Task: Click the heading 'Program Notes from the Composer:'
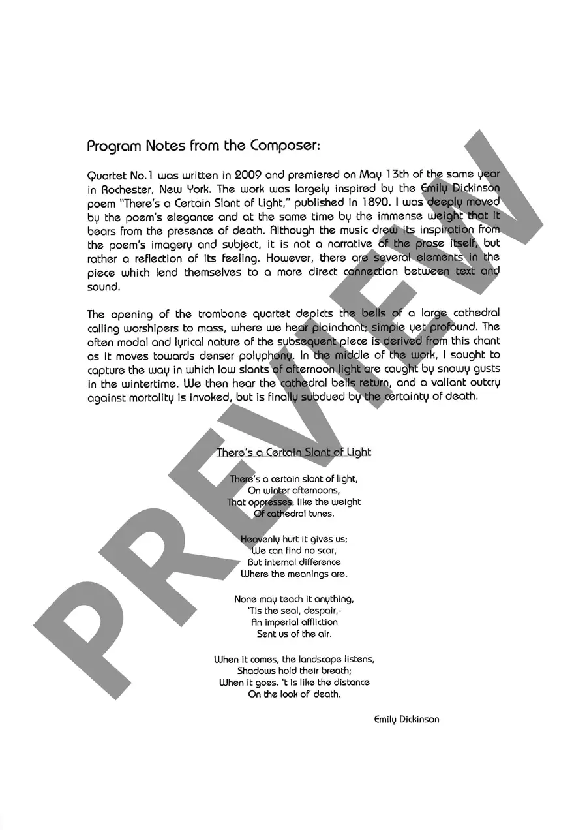point(203,146)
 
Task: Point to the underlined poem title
point(293,452)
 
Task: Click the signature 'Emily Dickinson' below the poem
point(406,719)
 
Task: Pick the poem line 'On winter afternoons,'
point(293,490)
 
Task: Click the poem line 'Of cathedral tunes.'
point(293,514)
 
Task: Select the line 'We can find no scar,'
point(293,550)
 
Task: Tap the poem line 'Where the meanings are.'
point(293,574)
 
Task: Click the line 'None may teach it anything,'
point(293,598)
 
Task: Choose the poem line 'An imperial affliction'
point(293,622)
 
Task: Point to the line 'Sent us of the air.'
point(293,634)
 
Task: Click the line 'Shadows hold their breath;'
point(293,670)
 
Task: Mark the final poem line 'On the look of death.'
point(293,694)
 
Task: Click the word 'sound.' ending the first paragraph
point(103,286)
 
